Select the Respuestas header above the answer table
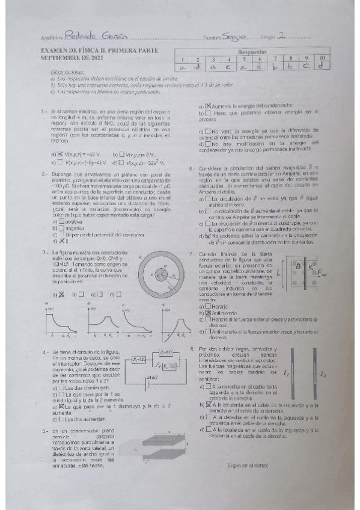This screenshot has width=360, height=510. pyautogui.click(x=252, y=52)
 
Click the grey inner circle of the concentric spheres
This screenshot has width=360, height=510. pyautogui.click(x=161, y=277)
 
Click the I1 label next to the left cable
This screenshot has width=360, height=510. pyautogui.click(x=285, y=373)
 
